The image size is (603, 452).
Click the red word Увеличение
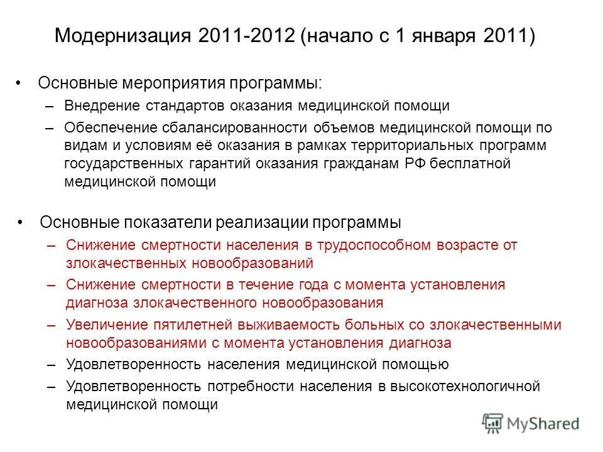click(x=102, y=325)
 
